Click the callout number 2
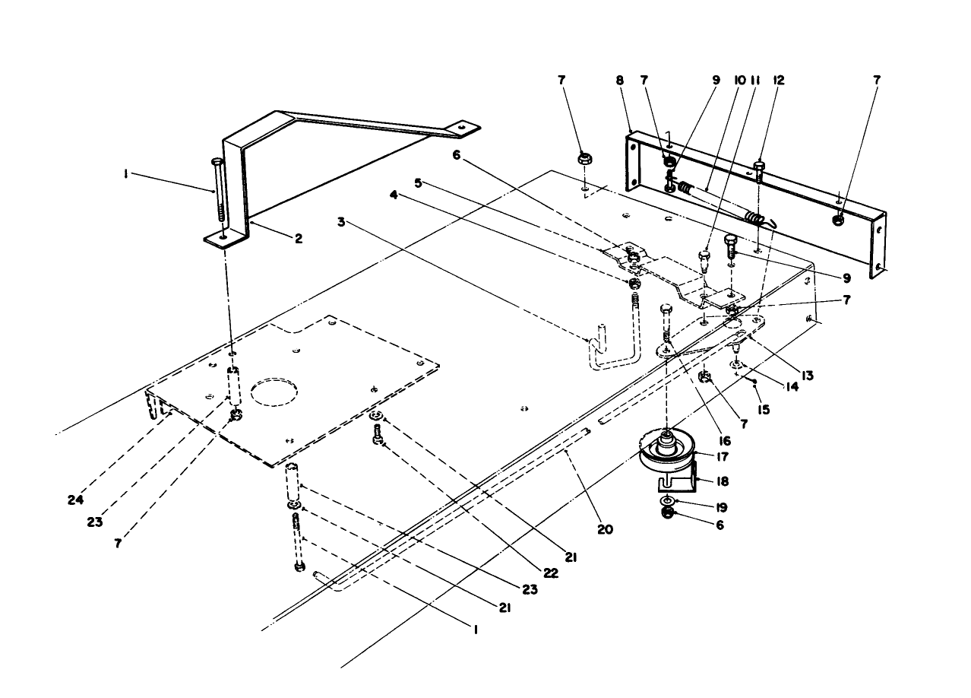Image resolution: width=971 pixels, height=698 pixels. pos(299,238)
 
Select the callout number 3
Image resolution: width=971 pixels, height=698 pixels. pos(343,222)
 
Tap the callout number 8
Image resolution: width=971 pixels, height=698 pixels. pos(620,79)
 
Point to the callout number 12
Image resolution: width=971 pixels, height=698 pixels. pos(779,79)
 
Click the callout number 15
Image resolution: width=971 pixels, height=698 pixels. pos(764,410)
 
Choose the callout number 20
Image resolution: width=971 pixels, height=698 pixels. pos(605,529)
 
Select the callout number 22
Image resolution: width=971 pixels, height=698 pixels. pos(551,573)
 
